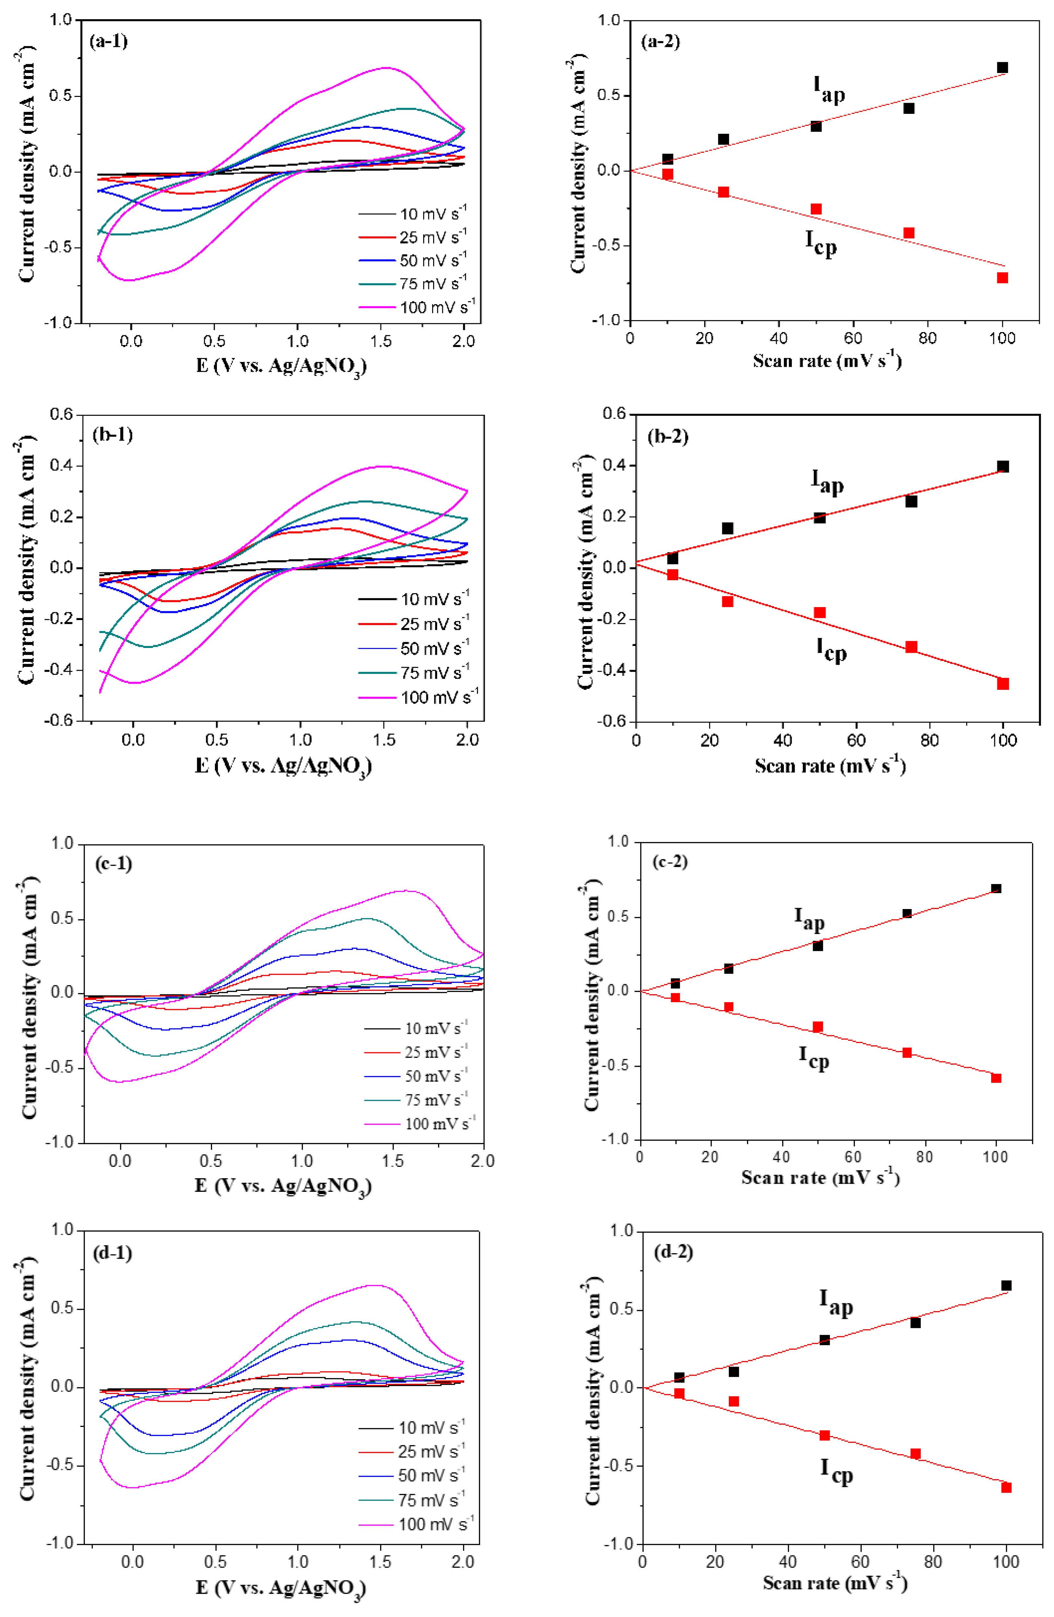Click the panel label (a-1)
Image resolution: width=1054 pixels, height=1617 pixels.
coord(109,42)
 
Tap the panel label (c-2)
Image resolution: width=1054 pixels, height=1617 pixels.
coord(669,861)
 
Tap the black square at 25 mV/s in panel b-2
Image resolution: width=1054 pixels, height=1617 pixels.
coord(727,528)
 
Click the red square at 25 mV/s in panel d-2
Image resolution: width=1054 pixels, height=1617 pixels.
coord(733,1401)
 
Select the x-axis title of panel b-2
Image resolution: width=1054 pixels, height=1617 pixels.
coord(830,766)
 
